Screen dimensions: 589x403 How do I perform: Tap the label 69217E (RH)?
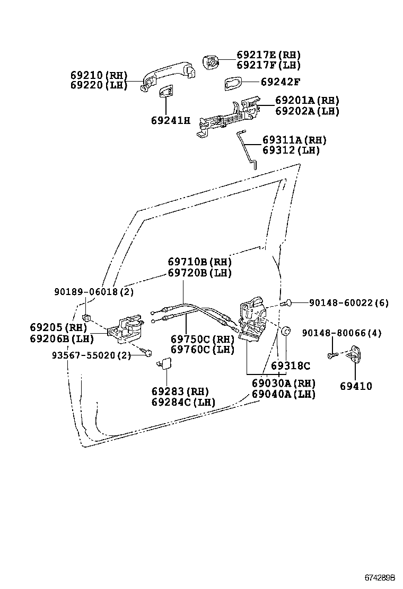(268, 55)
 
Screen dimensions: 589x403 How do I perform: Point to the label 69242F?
(281, 82)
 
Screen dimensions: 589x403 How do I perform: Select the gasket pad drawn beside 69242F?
(233, 83)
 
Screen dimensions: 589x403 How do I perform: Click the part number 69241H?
(170, 120)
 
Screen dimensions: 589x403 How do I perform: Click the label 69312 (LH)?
(291, 150)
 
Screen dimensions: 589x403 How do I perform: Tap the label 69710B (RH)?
(199, 262)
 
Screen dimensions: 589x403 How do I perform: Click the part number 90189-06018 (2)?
(94, 292)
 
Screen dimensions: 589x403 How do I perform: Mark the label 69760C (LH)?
(202, 350)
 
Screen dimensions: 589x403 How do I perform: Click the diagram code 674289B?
(380, 576)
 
